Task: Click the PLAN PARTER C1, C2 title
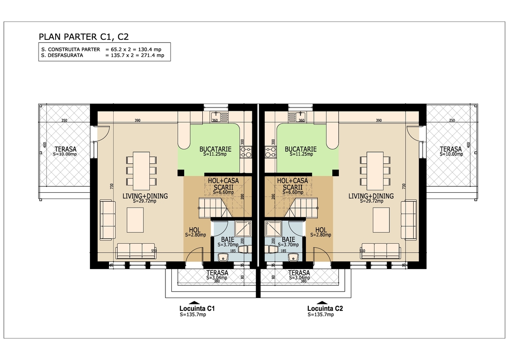84,37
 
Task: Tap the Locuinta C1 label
197,309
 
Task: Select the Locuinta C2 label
325,309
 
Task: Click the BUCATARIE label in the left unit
215,149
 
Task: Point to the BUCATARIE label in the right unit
301,149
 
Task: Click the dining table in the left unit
141,171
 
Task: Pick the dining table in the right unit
375,171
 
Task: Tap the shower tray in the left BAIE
243,229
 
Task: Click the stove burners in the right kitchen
271,152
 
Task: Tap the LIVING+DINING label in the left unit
145,196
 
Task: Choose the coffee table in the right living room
381,220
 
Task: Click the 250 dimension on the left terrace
64,121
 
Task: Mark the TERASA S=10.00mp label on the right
451,151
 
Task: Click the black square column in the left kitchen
181,173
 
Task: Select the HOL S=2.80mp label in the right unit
321,232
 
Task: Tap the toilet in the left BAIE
245,249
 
